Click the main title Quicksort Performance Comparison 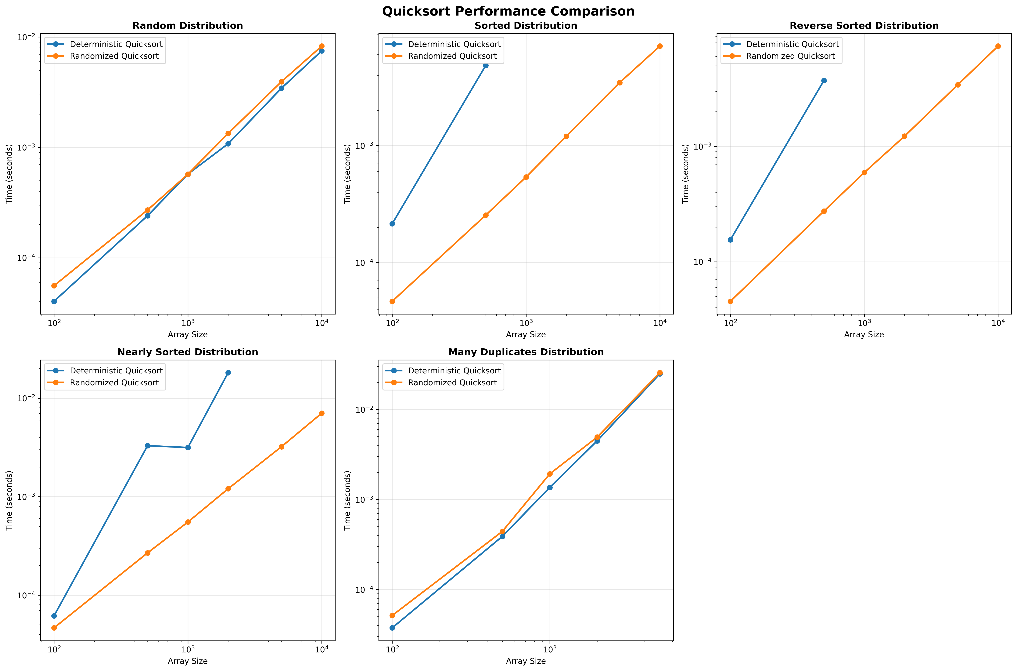click(x=508, y=11)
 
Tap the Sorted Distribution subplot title click(x=526, y=26)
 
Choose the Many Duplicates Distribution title click(x=526, y=352)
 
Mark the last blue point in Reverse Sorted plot click(x=824, y=80)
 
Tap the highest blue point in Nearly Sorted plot click(x=228, y=373)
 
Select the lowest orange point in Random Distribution click(x=54, y=285)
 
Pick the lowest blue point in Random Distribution click(x=54, y=301)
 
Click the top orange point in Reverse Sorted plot click(x=998, y=46)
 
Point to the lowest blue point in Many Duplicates click(x=392, y=628)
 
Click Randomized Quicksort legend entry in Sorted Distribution click(x=452, y=56)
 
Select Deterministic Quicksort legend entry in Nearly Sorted click(x=116, y=371)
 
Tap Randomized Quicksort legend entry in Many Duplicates click(x=452, y=383)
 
